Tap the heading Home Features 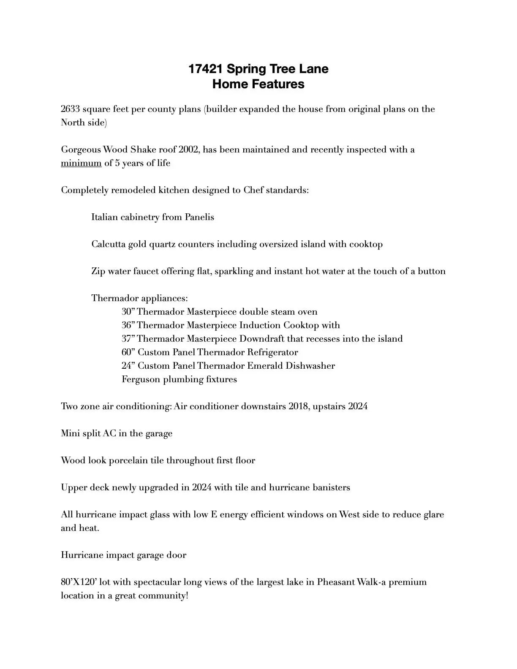pos(258,84)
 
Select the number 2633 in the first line pos(70,109)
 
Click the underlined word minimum pos(81,163)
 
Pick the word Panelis pos(199,217)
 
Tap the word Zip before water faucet pos(98,271)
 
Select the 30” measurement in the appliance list pos(128,312)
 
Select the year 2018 pos(299,406)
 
